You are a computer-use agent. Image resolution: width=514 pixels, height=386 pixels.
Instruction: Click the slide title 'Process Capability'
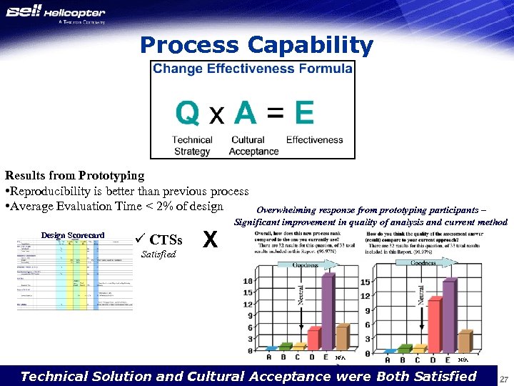click(256, 46)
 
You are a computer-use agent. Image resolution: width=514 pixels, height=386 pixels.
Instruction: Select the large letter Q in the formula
click(188, 113)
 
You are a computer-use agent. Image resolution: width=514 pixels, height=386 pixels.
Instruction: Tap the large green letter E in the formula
click(303, 113)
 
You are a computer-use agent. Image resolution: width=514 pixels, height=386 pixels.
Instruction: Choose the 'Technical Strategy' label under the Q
click(192, 146)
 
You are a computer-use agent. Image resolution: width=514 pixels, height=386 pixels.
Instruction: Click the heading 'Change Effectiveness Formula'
click(252, 69)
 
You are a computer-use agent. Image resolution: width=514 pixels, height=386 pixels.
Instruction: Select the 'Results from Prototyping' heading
click(74, 175)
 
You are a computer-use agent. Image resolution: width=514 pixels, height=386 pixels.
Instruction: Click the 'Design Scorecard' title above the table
click(72, 235)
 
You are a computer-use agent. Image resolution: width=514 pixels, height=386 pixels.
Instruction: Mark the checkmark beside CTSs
click(139, 239)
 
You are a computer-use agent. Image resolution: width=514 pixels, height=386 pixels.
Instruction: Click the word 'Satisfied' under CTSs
click(158, 254)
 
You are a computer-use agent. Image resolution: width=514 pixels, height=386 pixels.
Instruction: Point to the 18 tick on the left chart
click(248, 282)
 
